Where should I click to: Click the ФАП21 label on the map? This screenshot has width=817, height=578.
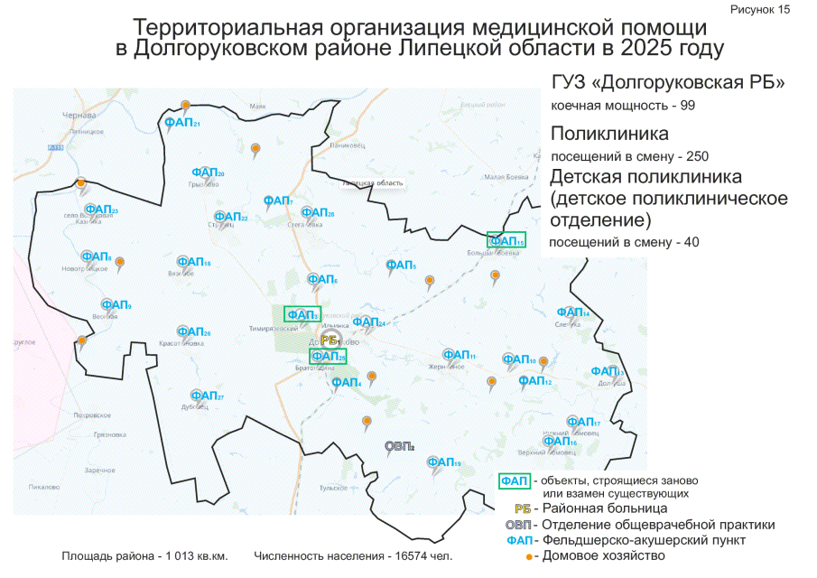(x=181, y=122)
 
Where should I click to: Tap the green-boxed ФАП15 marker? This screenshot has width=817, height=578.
(x=506, y=240)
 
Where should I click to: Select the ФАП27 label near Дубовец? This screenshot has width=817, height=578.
(x=207, y=396)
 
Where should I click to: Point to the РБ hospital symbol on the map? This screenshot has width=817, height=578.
(x=329, y=339)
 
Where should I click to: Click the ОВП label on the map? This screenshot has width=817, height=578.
(x=398, y=445)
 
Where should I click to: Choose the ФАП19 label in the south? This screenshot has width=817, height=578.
(x=444, y=462)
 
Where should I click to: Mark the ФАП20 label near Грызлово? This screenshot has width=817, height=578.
(x=208, y=172)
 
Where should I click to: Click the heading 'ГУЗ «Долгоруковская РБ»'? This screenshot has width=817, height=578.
(x=667, y=83)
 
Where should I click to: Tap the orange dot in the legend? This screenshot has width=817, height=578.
(x=530, y=556)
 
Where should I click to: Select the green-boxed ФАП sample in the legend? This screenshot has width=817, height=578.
(x=514, y=480)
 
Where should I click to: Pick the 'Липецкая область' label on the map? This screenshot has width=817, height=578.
(x=372, y=183)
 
